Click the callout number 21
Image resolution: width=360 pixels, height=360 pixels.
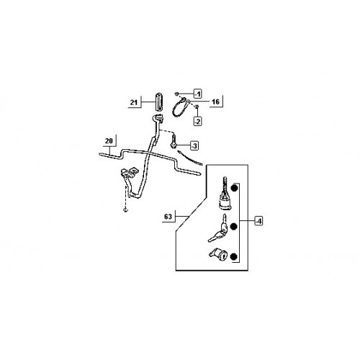coord(134,102)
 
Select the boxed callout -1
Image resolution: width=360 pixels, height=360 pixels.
coord(197,94)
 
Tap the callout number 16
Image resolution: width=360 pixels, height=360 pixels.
coord(216,102)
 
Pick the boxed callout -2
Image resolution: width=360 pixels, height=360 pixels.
coord(197,122)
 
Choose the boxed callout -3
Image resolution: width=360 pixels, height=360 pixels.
coord(194,145)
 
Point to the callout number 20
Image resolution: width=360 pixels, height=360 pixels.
coord(109,140)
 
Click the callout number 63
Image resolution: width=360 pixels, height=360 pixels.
coord(168,217)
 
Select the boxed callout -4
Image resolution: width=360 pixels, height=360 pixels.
coord(258,220)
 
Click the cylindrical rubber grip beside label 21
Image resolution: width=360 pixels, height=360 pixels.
coord(158,102)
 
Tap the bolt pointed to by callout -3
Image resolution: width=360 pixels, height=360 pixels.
coord(173,141)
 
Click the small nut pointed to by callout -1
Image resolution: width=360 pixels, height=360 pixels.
coord(177,94)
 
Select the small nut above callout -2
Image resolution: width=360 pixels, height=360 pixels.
coord(197,107)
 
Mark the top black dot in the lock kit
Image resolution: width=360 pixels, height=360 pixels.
coord(234,188)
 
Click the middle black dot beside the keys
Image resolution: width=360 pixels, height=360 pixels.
coord(233,226)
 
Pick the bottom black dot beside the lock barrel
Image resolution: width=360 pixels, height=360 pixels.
coord(233,256)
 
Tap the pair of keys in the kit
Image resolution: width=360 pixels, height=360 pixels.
coord(218,229)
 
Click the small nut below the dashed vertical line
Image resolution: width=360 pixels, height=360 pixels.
coord(126,210)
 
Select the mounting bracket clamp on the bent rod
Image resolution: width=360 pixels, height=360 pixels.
coord(129,174)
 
